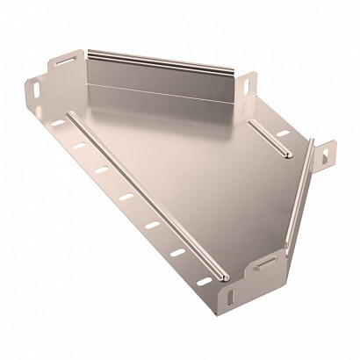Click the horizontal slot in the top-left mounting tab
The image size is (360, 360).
coord(65,64)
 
